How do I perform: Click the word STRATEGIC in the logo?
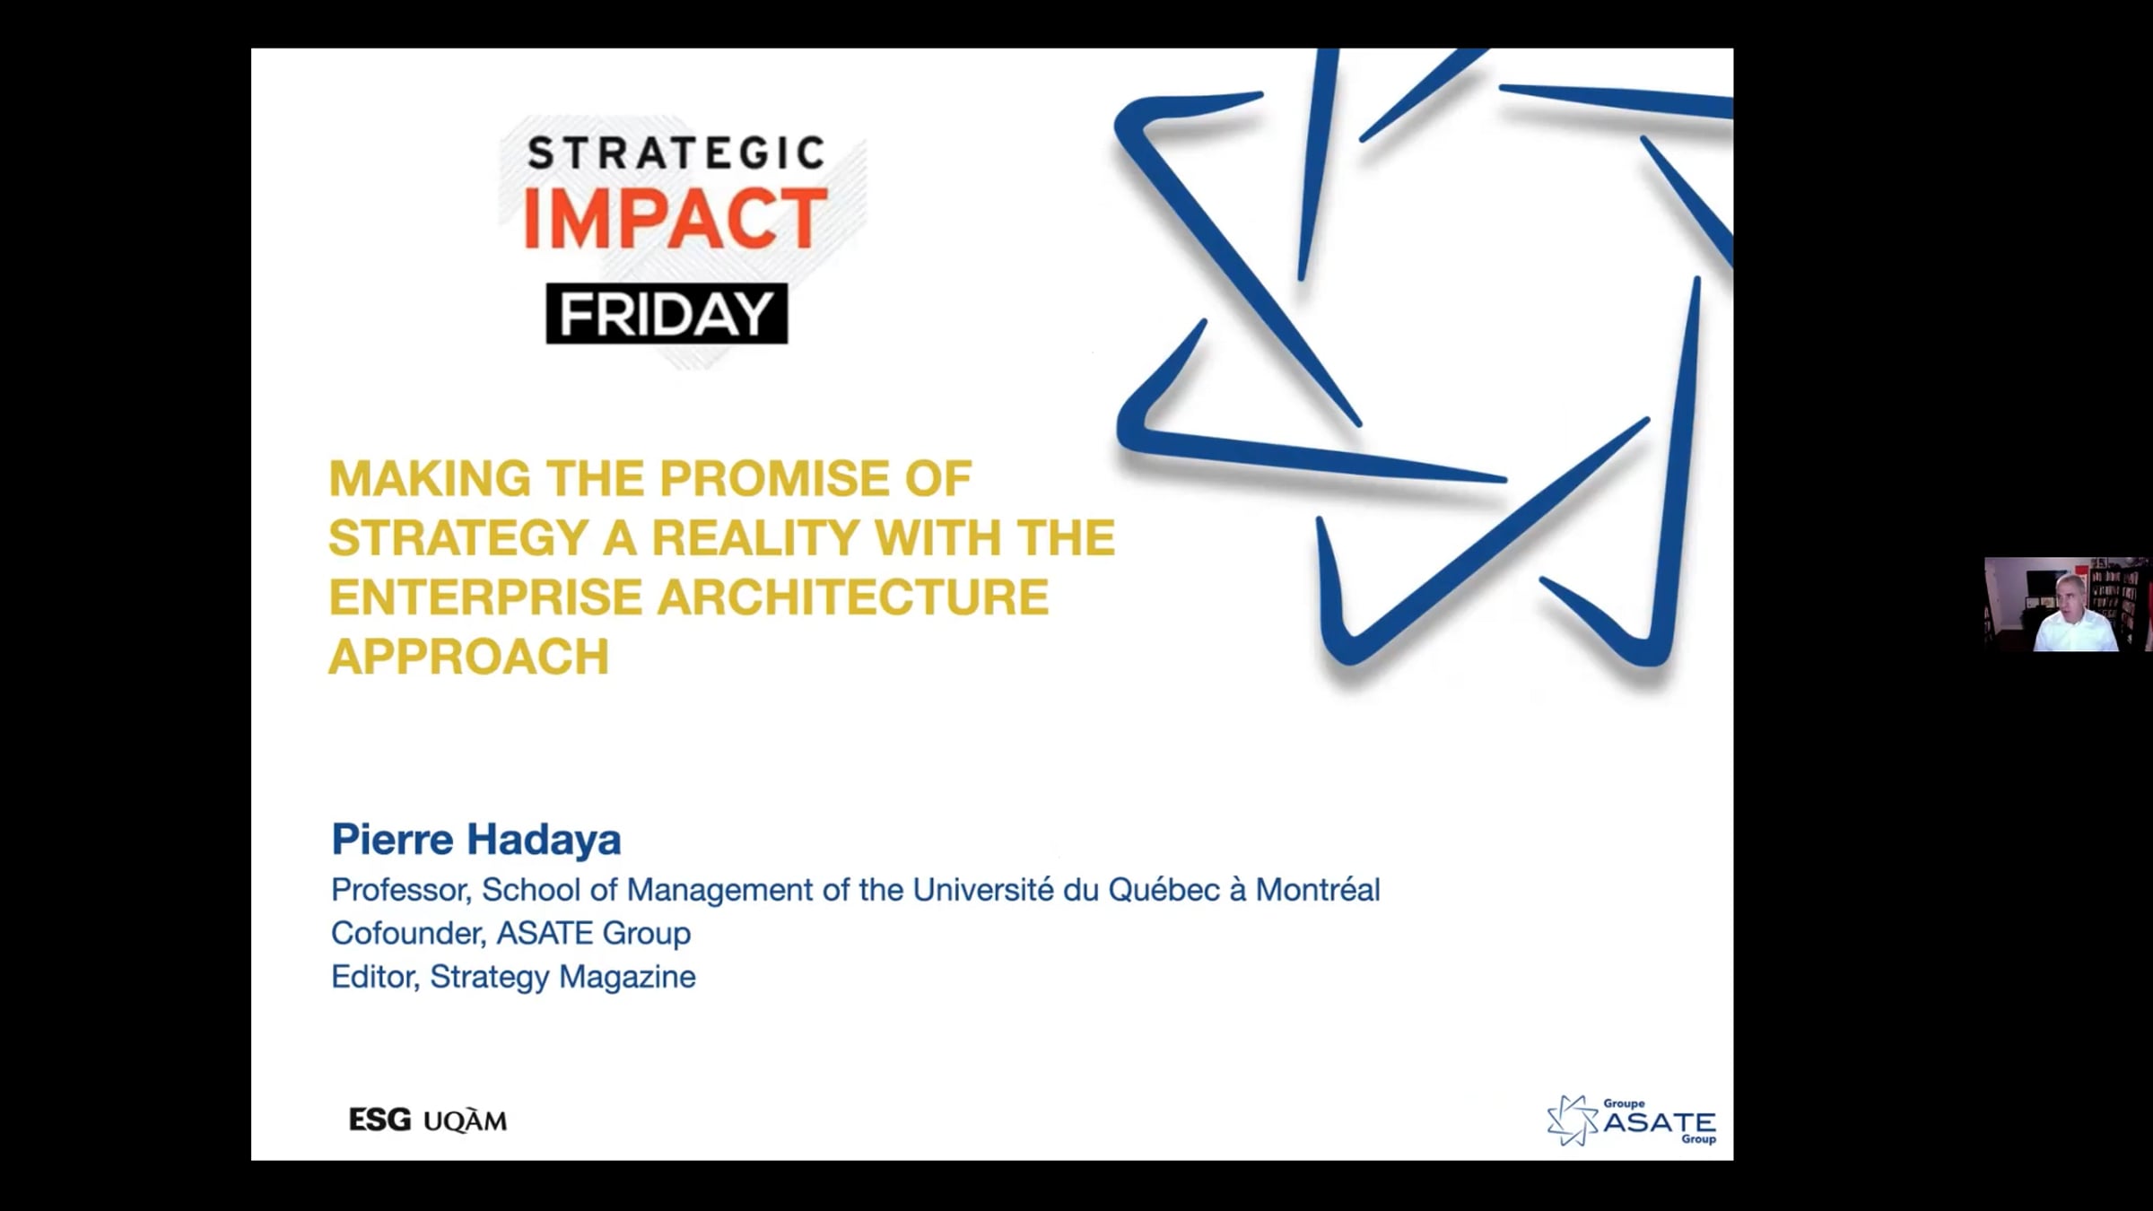676,153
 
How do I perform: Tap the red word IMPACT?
675,219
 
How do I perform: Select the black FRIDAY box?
667,314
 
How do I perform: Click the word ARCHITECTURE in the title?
853,597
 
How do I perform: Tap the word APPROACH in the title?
469,657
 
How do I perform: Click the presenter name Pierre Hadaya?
476,840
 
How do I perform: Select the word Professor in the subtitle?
402,890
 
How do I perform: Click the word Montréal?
1318,890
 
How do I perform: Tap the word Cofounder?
409,933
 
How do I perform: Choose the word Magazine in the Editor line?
627,977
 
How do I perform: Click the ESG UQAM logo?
428,1120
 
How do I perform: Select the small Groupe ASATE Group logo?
1632,1120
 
